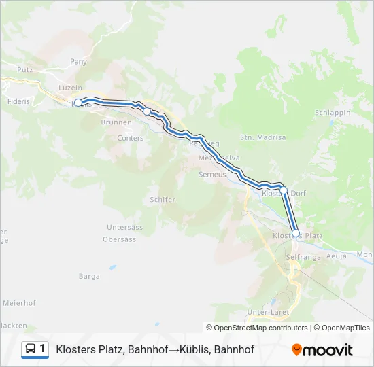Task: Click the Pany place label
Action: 78,61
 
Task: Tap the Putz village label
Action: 25,70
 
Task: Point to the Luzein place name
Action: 71,88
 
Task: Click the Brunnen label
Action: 112,122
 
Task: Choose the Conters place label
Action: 131,138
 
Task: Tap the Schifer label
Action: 162,200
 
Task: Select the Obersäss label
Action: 119,239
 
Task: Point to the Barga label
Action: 89,276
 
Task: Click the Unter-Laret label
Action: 269,312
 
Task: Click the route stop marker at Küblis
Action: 78,103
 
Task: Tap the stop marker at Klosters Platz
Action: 296,233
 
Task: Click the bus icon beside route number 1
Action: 31,349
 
